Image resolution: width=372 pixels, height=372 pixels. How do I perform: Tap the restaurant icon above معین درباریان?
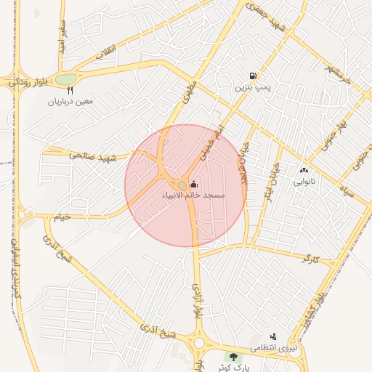[70, 91]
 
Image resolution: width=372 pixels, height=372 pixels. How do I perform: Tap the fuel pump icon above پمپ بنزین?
[252, 75]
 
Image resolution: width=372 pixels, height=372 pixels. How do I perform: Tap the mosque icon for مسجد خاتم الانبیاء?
[193, 184]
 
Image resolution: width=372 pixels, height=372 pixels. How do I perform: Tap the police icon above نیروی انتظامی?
[273, 336]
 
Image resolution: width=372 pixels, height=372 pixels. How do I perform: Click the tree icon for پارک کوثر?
[233, 357]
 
